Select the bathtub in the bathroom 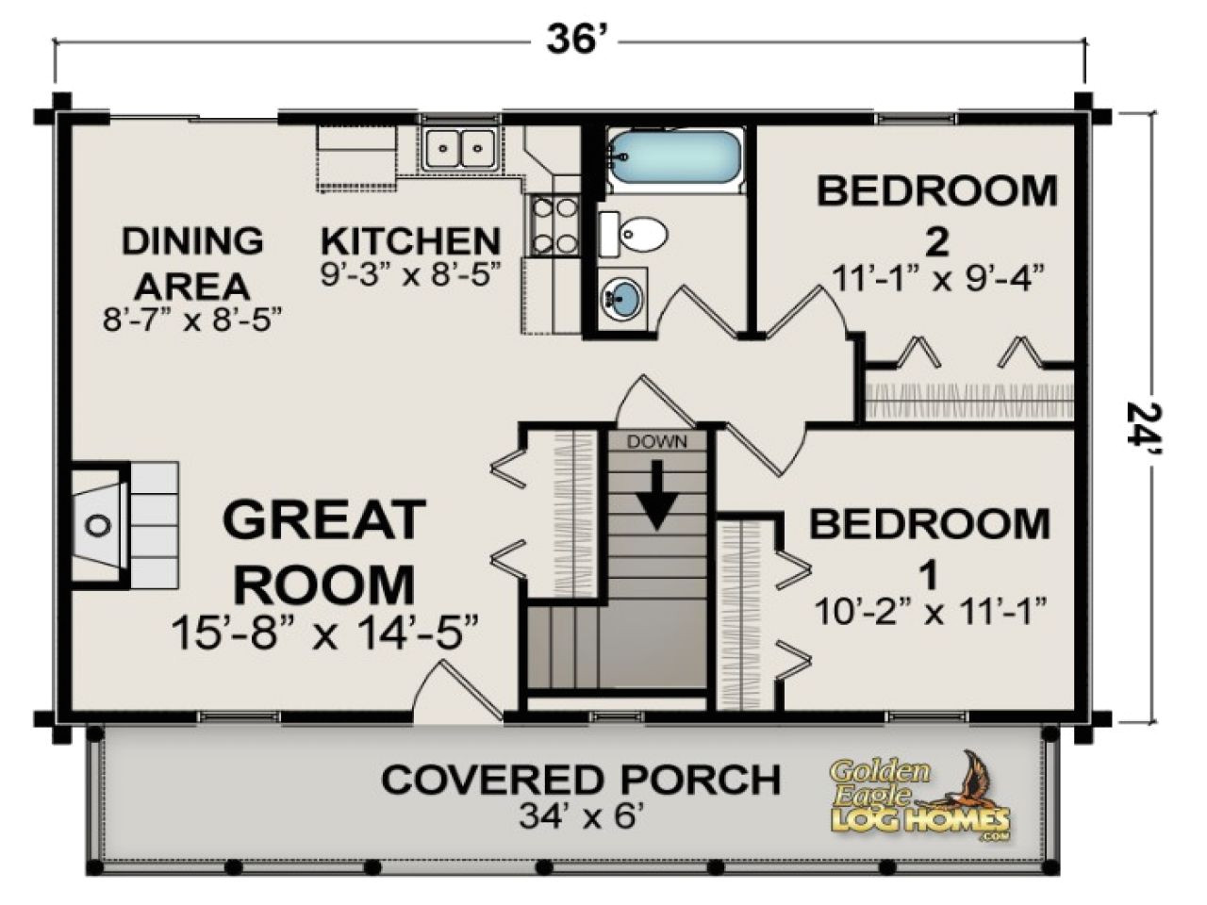tap(673, 156)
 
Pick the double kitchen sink tap(459, 148)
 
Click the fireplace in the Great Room tap(100, 523)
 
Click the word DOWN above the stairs tap(657, 441)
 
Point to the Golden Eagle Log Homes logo tap(919, 796)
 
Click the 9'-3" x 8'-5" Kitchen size tap(410, 274)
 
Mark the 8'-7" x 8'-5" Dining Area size tap(193, 319)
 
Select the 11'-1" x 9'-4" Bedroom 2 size tap(936, 279)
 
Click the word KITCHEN tap(410, 241)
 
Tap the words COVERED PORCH tap(581, 780)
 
